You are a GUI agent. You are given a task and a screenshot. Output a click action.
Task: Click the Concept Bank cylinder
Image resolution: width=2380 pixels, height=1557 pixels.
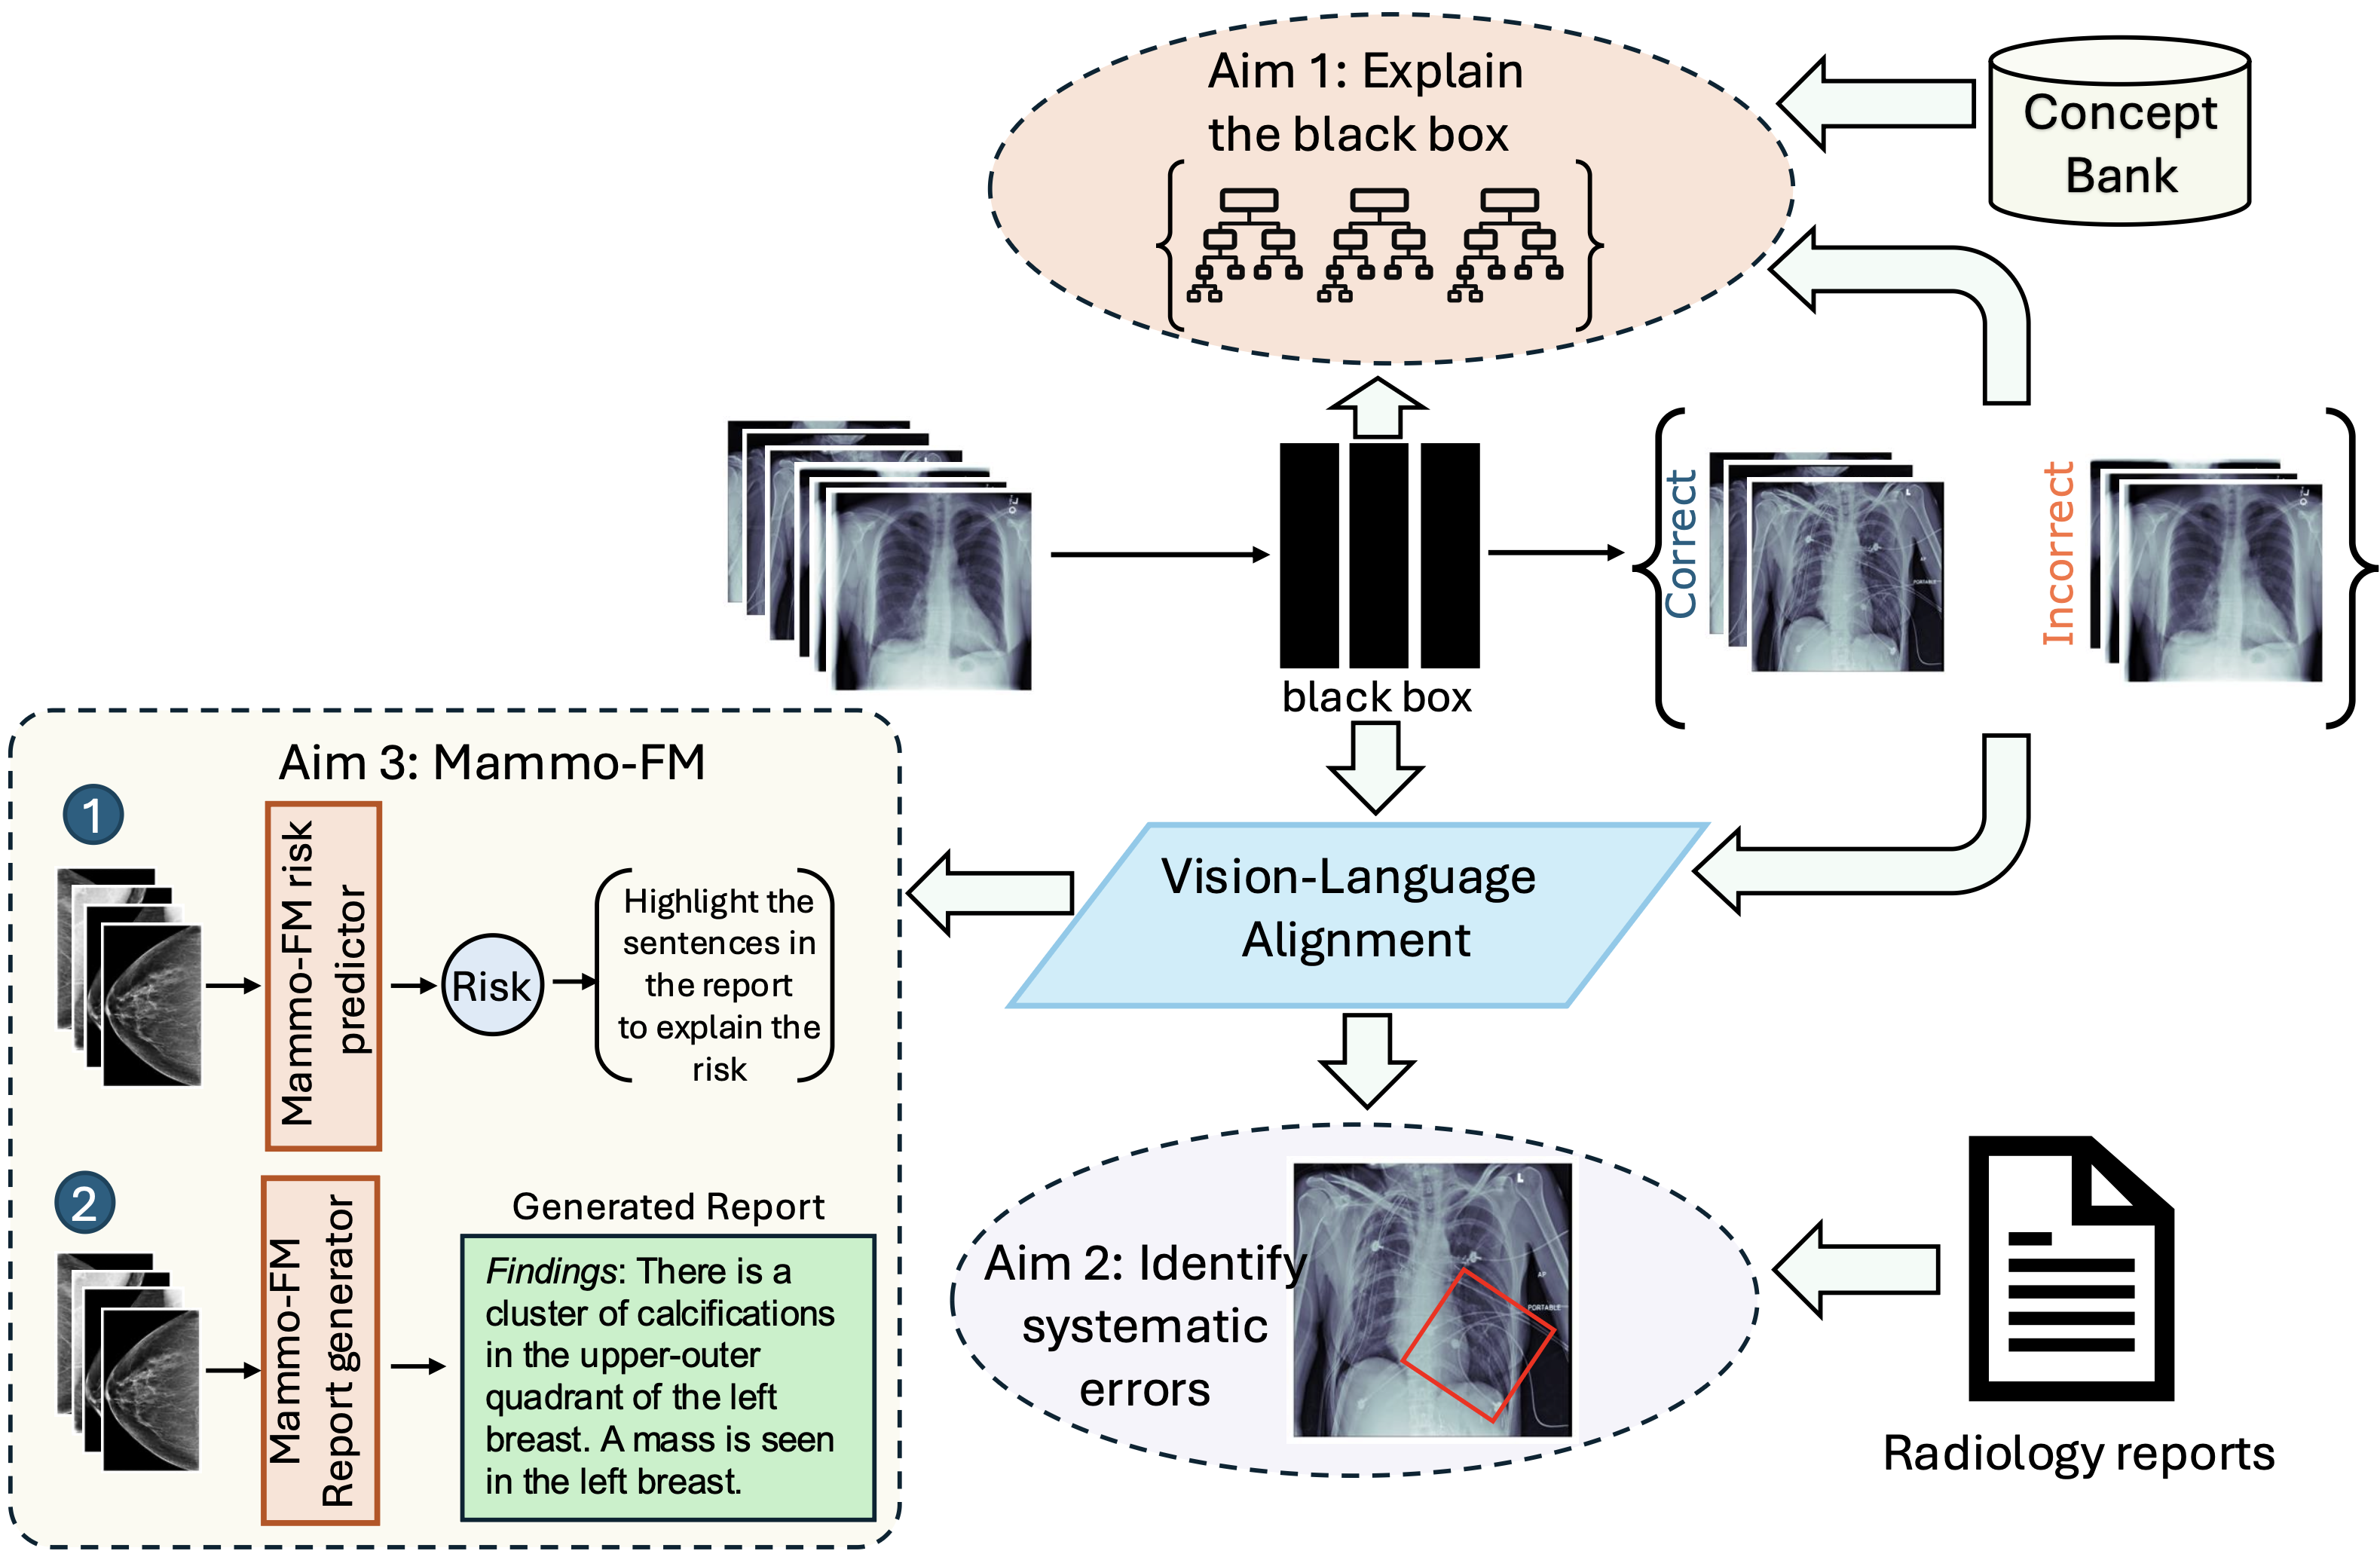tap(2119, 135)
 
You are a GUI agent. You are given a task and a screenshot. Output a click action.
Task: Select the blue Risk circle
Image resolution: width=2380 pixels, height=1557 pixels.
tap(492, 985)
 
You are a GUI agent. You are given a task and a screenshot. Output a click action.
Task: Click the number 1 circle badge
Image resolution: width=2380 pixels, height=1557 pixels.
tap(93, 814)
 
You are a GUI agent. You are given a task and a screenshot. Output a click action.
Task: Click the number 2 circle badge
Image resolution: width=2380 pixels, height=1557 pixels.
tap(85, 1202)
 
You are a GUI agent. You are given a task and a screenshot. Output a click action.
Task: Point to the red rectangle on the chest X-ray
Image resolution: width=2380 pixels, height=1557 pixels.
tap(1477, 1345)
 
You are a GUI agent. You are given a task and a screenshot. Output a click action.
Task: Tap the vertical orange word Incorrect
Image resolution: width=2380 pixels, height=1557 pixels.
tap(2058, 553)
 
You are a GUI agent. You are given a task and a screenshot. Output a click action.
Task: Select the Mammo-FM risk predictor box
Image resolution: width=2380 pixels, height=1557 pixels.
tap(323, 975)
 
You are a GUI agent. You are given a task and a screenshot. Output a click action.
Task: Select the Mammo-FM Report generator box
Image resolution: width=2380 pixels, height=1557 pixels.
tap(320, 1349)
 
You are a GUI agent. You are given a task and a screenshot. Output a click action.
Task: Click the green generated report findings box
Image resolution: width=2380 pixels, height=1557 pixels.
tap(667, 1377)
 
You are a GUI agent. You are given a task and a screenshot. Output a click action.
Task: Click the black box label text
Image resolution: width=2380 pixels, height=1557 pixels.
tap(1377, 697)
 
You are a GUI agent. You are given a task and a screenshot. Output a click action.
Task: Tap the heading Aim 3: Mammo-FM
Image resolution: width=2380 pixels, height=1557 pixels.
tap(492, 763)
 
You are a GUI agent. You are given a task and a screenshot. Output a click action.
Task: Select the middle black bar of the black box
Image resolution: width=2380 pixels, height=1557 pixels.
tap(1378, 555)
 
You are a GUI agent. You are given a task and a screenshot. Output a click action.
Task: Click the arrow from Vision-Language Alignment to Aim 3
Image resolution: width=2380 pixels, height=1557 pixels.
tap(990, 893)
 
